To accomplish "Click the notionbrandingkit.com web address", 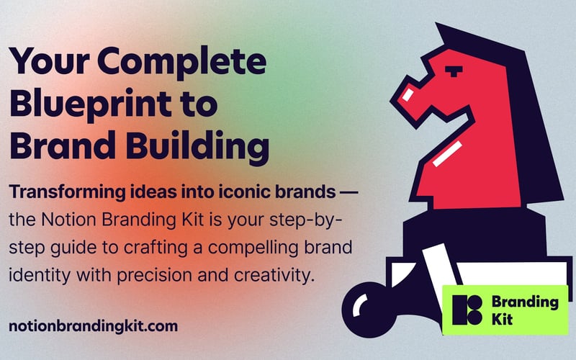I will pos(93,325).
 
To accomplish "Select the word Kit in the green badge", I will pos(502,320).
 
